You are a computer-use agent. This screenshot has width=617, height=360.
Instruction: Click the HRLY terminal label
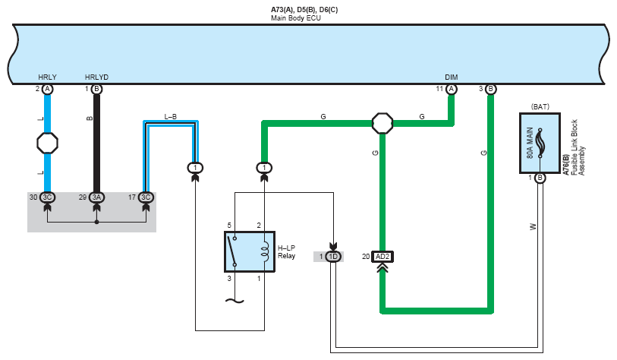47,77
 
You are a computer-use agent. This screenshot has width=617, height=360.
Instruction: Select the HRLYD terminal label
96,77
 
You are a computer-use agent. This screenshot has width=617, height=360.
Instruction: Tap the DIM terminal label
452,77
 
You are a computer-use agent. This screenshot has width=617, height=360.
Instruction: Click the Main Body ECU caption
296,18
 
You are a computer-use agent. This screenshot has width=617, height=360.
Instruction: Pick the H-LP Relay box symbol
250,251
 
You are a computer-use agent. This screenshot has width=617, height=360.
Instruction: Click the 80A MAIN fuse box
540,144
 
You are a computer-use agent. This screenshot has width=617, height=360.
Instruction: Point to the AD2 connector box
382,257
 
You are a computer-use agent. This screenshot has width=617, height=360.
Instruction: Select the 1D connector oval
333,257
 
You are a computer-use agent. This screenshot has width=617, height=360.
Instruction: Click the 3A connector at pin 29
96,197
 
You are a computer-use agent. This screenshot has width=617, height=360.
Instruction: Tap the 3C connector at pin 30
47,197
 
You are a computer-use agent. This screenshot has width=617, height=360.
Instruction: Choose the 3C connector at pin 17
146,197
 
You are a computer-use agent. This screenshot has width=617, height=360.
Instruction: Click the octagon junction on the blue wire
47,143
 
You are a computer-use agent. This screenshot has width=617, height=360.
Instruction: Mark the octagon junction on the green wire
382,123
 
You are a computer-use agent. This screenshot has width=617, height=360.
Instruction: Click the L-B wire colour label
171,117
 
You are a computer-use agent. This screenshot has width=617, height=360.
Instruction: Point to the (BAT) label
540,107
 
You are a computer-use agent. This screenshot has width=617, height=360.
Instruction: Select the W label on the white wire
533,227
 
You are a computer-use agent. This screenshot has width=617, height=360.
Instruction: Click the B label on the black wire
90,118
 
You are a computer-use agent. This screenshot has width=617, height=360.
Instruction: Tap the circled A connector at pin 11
452,90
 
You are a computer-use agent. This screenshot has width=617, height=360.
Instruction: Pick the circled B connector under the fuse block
540,178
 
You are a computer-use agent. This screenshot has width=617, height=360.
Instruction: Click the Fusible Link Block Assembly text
578,147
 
